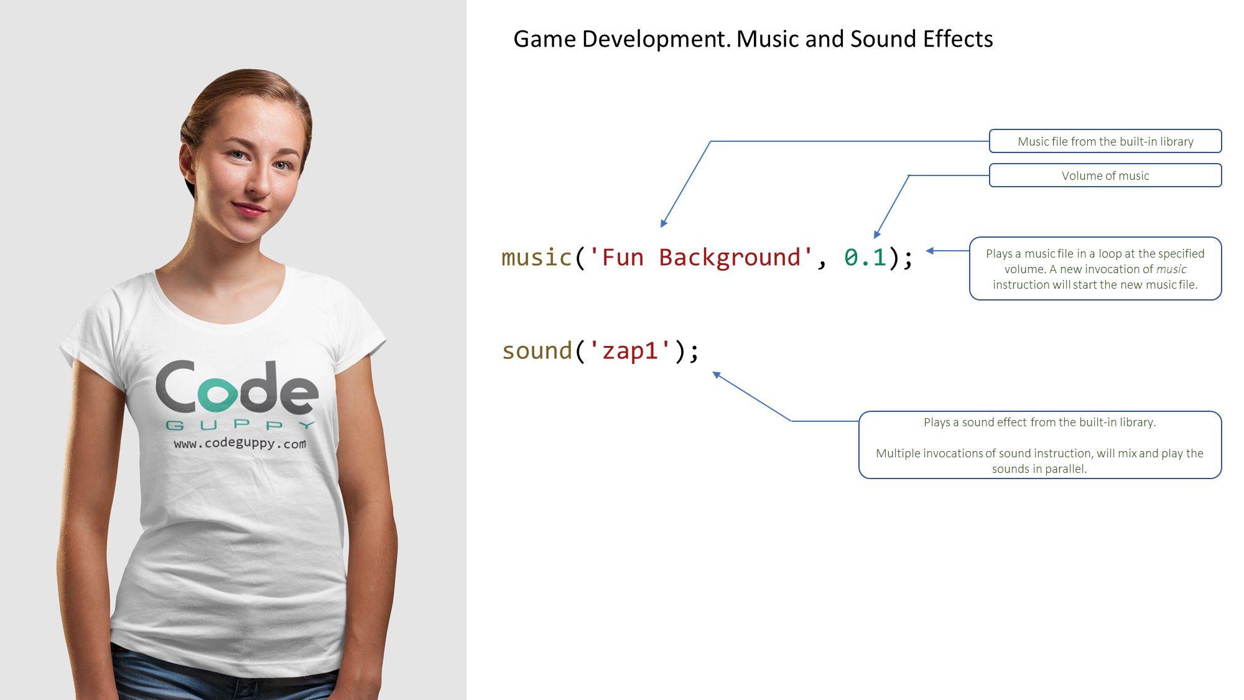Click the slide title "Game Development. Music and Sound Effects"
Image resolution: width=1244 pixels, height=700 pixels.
(753, 39)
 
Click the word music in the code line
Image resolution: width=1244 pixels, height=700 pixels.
(536, 257)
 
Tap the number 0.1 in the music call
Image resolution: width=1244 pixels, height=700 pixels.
(865, 257)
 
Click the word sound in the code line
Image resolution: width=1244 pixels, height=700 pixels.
(537, 350)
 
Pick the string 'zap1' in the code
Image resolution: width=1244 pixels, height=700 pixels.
(630, 350)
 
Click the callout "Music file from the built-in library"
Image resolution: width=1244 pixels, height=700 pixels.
(1105, 141)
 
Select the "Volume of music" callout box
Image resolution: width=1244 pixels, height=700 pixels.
(1105, 175)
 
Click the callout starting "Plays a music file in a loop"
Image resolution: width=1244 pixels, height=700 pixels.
(1095, 269)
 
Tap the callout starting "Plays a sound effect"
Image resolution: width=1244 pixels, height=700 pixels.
(1040, 445)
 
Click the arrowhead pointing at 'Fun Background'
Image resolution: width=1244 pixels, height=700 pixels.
(664, 223)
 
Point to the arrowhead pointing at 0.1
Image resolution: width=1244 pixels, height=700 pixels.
(877, 235)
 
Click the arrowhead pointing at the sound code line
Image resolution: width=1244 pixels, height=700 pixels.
(717, 375)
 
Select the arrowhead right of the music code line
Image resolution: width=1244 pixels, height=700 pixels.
(930, 251)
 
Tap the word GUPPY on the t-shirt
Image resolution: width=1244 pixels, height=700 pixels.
(241, 426)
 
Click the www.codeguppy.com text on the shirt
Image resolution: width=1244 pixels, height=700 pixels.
(240, 444)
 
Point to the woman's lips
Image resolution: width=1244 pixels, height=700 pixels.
(250, 208)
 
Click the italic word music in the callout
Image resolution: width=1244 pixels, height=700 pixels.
(1171, 269)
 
